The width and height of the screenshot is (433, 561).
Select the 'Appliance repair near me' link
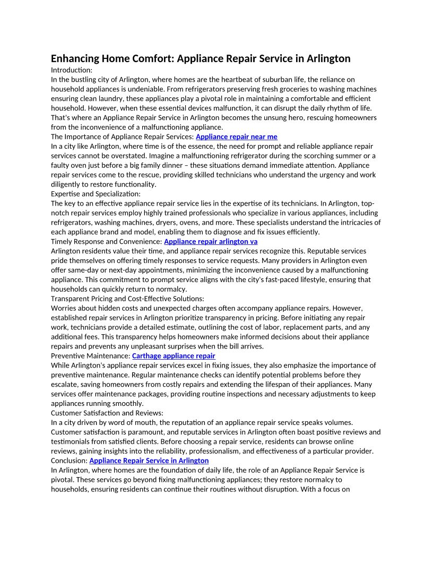(x=236, y=137)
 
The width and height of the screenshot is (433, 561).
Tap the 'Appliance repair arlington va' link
(x=211, y=241)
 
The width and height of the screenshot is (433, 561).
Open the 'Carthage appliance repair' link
(x=174, y=355)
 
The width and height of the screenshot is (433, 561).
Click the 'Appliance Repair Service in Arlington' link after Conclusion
(x=149, y=460)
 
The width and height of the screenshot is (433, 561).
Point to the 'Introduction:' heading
(x=72, y=70)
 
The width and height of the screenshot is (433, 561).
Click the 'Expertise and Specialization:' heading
(x=96, y=194)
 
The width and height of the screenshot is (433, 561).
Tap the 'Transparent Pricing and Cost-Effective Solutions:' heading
(x=127, y=299)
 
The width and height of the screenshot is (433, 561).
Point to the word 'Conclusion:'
(x=69, y=460)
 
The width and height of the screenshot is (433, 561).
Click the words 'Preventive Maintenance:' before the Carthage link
(x=90, y=355)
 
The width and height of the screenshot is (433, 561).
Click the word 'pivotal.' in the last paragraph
(x=62, y=479)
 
